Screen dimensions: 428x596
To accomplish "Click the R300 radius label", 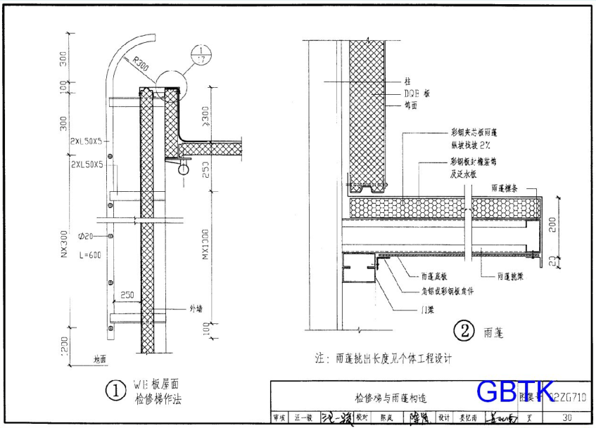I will (x=140, y=66).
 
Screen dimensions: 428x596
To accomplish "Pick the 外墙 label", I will (x=196, y=309).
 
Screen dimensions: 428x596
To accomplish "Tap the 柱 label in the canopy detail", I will (x=408, y=82).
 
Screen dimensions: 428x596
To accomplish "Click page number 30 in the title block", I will (x=566, y=417).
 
